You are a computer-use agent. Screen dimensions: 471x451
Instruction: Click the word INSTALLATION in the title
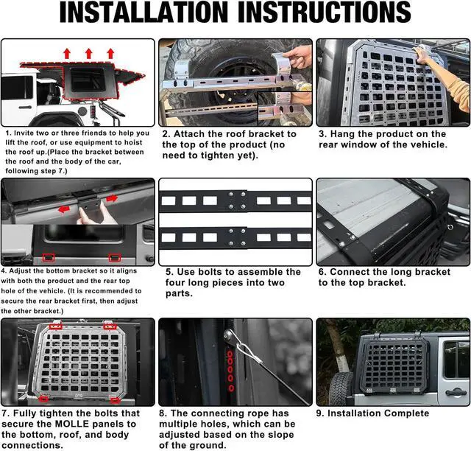144,12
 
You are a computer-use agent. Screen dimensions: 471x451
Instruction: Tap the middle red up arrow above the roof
88,54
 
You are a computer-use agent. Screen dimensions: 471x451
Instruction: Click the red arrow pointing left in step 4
64,209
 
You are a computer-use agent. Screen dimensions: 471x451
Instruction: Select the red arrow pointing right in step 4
112,198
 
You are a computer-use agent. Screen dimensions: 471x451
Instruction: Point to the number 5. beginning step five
169,272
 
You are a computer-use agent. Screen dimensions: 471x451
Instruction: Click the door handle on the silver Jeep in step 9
456,392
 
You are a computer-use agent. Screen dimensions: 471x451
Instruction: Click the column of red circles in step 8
230,371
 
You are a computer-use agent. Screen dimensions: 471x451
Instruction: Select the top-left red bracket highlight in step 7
56,326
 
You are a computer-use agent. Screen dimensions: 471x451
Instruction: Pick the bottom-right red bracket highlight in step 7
115,400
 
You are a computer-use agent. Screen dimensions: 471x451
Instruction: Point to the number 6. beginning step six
322,272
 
